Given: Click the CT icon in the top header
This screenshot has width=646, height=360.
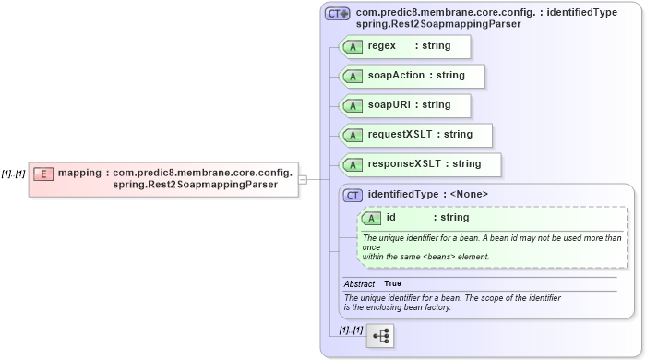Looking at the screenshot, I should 337,14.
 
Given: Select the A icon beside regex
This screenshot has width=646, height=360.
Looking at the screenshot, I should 352,46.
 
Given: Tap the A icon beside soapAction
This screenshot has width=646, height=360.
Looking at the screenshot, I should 352,76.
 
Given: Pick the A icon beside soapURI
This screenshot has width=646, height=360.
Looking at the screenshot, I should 352,105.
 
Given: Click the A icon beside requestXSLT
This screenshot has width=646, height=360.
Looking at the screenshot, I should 352,135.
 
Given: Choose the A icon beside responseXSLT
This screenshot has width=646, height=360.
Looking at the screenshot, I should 352,164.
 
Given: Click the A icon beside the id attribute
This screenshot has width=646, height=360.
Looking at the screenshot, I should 372,218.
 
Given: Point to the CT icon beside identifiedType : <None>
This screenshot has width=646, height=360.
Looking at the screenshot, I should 352,195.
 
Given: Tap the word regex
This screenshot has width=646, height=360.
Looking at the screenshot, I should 381,45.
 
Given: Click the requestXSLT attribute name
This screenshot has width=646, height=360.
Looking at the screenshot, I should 401,134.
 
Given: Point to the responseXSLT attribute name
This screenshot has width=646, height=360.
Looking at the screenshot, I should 404,163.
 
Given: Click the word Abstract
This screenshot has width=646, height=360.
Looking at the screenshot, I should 359,283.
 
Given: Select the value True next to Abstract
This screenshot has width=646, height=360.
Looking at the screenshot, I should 392,283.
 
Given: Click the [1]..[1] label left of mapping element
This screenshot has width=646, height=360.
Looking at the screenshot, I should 13,174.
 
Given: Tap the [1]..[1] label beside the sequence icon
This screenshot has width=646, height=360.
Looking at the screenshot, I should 350,330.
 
